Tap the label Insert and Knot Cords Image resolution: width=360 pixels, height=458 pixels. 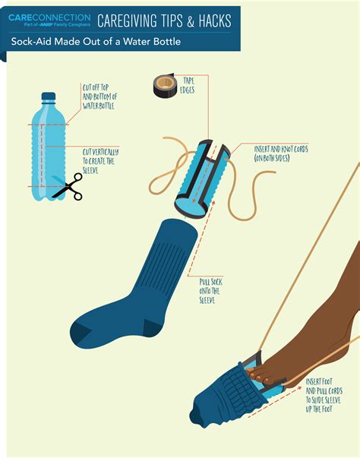(282, 153)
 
